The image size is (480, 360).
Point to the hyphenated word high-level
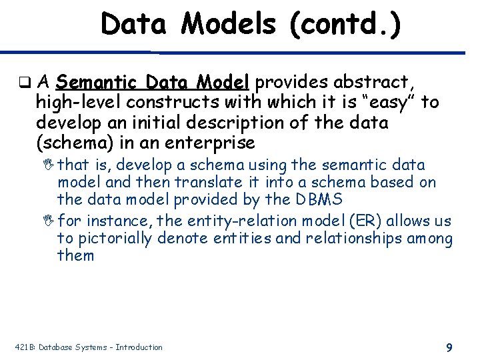coord(79,103)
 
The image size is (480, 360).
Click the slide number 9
coord(449,347)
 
